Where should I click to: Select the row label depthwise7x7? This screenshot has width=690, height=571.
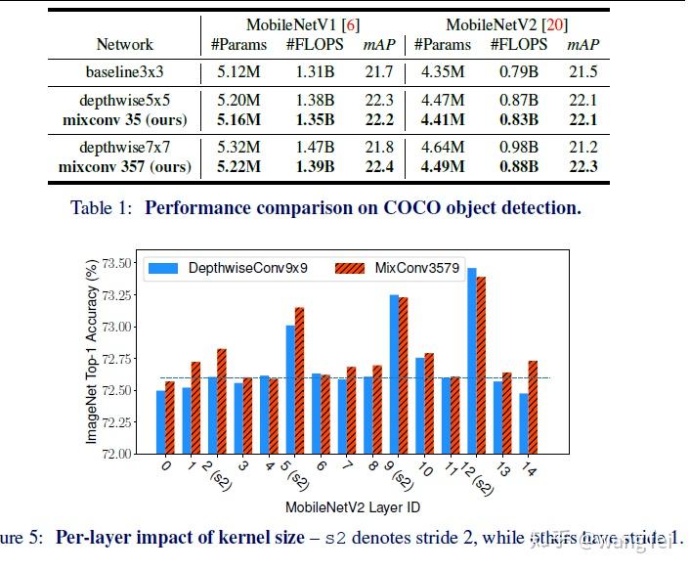pyautogui.click(x=124, y=148)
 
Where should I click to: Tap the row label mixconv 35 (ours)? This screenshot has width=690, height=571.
pyautogui.click(x=124, y=119)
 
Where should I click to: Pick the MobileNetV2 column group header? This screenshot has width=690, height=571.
pyautogui.click(x=506, y=24)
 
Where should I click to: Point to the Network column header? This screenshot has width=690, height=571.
pyautogui.click(x=124, y=44)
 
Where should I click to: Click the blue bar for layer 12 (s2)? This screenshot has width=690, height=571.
pyautogui.click(x=472, y=360)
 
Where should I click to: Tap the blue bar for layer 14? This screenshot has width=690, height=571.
pyautogui.click(x=524, y=422)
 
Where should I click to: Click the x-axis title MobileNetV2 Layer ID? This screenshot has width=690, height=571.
pyautogui.click(x=353, y=507)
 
